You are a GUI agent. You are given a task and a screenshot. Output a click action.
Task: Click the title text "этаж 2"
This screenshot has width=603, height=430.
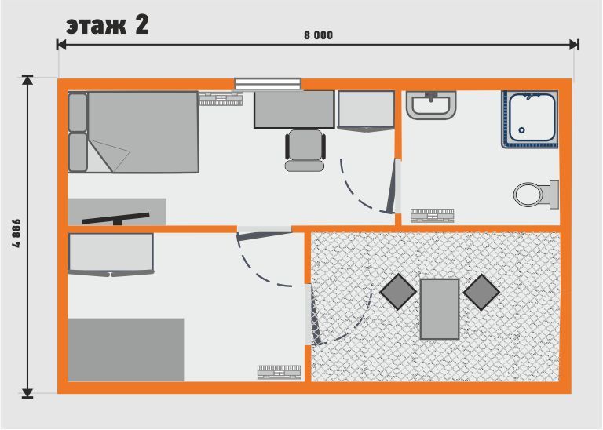(x=107, y=24)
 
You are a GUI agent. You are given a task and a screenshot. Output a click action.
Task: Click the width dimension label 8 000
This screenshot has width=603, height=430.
(x=317, y=35)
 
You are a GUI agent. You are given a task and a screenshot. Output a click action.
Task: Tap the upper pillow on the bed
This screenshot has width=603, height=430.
(x=77, y=111)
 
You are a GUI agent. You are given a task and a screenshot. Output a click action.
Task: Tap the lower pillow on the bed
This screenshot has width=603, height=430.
(x=77, y=151)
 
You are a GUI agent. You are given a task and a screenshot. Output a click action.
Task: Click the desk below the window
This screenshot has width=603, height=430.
(x=294, y=109)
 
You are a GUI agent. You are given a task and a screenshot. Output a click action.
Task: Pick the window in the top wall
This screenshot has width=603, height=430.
(x=268, y=83)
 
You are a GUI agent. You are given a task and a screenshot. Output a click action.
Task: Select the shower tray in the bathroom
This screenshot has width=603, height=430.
(x=531, y=119)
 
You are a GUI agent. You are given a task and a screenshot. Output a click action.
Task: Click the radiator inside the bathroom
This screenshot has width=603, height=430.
(x=432, y=215)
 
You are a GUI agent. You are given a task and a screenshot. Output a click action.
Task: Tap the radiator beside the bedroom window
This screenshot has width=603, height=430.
(x=221, y=99)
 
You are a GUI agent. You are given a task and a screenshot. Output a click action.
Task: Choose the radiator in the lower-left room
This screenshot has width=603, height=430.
(x=280, y=372)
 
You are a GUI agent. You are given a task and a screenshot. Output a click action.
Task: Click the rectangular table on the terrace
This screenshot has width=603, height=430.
(x=440, y=308)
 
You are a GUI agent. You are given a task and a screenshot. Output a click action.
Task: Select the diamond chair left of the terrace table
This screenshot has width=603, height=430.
(x=399, y=292)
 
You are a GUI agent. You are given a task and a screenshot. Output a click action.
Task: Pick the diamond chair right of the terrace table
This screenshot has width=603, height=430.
(x=481, y=292)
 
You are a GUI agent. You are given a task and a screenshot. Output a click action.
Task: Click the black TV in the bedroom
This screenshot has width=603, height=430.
(x=115, y=217)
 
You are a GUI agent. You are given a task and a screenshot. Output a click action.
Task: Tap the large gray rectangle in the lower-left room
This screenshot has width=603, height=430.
(x=126, y=349)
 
